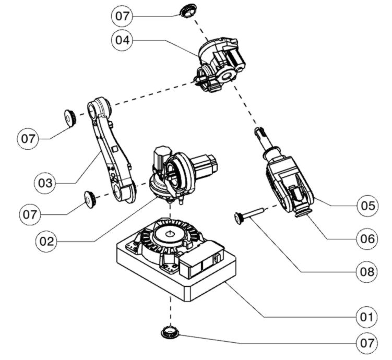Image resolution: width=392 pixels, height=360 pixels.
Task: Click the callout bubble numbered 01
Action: click(x=367, y=317)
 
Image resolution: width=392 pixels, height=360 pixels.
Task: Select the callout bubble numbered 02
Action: click(x=47, y=242)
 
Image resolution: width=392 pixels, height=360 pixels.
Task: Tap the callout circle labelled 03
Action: click(x=45, y=183)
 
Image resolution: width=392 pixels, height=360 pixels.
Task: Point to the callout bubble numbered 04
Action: click(x=122, y=40)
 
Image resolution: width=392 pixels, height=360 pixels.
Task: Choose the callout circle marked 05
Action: click(x=367, y=206)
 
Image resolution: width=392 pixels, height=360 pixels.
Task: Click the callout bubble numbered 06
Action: click(x=367, y=239)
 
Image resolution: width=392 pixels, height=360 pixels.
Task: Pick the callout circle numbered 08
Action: click(x=367, y=271)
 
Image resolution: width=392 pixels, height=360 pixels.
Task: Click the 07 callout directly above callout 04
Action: click(x=122, y=16)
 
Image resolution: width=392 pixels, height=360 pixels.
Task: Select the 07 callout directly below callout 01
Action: click(x=367, y=343)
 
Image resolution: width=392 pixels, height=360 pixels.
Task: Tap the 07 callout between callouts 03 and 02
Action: click(x=30, y=214)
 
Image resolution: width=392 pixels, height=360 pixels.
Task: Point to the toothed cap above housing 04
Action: click(x=188, y=10)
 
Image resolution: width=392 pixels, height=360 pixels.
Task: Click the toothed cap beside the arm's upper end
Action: click(x=70, y=118)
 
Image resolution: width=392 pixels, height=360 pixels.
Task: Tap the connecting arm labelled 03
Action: click(x=112, y=149)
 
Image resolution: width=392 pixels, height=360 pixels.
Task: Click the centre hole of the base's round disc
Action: click(x=170, y=234)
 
